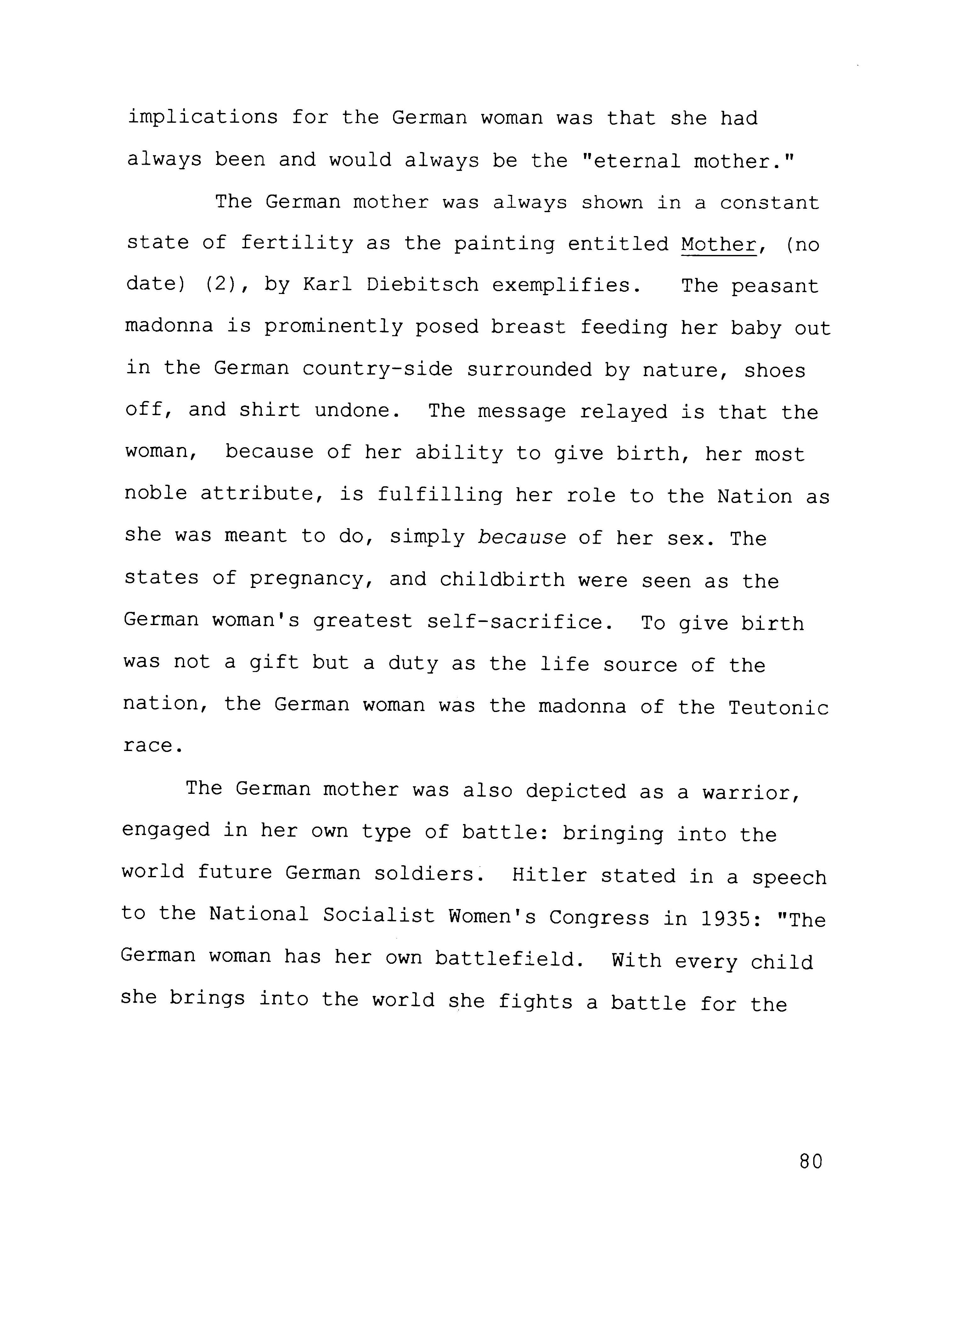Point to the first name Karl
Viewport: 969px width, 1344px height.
pyautogui.click(x=328, y=285)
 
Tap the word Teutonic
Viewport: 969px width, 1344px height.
pyautogui.click(x=778, y=707)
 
